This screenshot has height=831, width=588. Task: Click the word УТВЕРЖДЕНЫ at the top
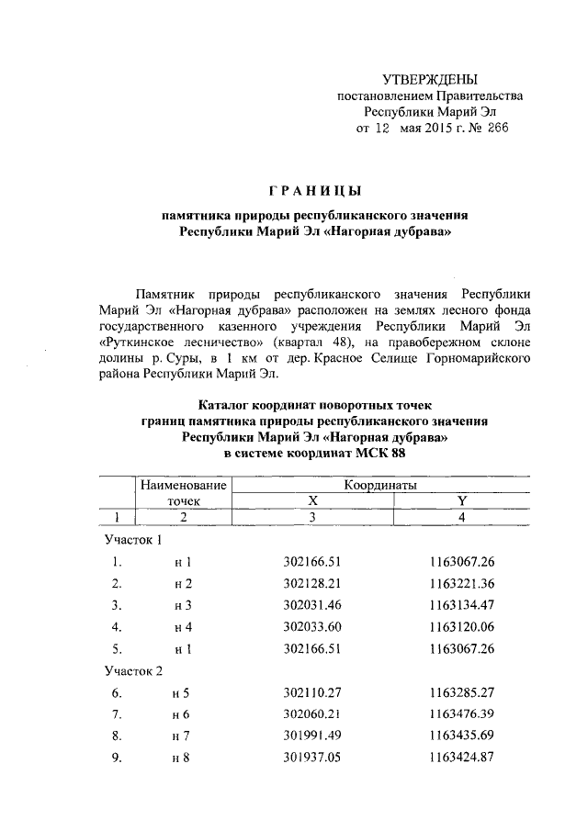(430, 80)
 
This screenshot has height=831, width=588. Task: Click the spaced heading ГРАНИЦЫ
(315, 190)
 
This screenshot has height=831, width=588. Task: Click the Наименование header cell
(183, 484)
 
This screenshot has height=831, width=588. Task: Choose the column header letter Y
(461, 500)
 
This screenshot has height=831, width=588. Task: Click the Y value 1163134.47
(461, 606)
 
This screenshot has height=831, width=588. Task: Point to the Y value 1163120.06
(461, 628)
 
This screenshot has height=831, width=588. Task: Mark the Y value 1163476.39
(461, 716)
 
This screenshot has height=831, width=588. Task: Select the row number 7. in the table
(116, 716)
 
